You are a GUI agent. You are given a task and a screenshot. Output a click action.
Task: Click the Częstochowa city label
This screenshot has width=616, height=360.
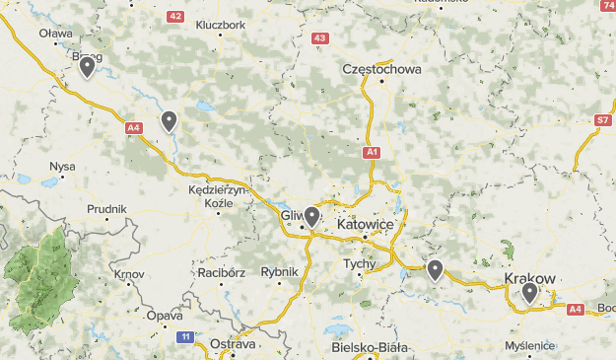[x=380, y=70]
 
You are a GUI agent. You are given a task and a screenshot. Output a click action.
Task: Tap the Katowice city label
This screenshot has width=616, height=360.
[x=365, y=225]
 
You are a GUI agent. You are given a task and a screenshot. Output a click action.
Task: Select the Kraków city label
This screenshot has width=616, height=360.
[x=530, y=279]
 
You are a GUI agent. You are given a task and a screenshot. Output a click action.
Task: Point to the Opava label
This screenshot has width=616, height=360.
[x=165, y=317]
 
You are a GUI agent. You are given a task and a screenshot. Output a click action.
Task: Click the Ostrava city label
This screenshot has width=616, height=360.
[x=233, y=344]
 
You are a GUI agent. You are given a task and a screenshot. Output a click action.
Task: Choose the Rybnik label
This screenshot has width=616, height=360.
[x=279, y=272]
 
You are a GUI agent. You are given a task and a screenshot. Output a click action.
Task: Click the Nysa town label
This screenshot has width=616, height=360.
[x=62, y=167]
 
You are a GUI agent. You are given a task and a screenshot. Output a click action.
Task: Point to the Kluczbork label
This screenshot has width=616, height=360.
[x=221, y=25]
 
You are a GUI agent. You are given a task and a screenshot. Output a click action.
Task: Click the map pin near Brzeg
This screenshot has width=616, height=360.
[x=87, y=67]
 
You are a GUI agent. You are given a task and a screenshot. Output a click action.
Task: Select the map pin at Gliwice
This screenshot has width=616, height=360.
[x=311, y=216]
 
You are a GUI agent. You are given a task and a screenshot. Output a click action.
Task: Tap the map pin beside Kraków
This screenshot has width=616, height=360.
[x=529, y=292]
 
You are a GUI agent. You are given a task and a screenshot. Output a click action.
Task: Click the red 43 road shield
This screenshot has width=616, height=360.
[x=318, y=38]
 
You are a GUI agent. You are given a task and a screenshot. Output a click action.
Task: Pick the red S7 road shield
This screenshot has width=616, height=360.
[x=602, y=120]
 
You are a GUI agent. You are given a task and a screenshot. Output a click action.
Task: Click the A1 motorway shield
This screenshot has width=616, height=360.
[x=371, y=152]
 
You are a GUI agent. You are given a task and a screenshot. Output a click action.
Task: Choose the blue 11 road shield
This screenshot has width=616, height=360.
[x=185, y=337]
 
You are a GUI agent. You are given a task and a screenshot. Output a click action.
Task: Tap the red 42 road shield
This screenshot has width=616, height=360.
[x=175, y=17]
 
